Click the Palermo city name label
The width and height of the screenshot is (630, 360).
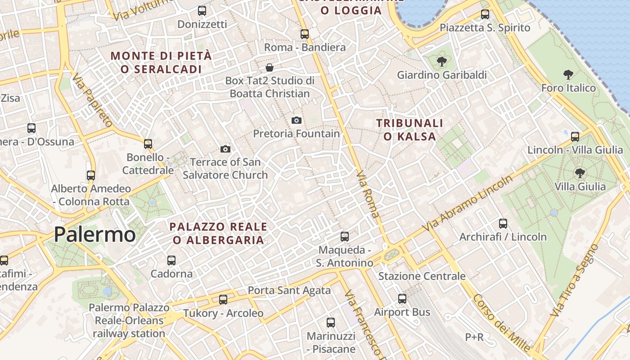point(94,234)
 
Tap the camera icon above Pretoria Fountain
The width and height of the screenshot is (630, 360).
point(296,120)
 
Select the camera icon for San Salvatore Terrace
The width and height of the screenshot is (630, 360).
point(225,149)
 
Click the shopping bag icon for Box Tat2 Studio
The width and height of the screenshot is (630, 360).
point(269,68)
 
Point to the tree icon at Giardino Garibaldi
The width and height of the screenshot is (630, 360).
point(441,62)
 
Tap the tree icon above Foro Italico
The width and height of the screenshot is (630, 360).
point(568,75)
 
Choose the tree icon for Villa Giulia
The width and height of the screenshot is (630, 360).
point(580,173)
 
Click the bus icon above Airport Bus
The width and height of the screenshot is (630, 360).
point(402,298)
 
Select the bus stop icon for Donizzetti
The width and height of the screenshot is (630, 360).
point(202,11)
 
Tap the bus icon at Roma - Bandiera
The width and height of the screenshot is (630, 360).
point(305,34)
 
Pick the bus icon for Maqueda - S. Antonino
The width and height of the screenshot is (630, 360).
point(344,236)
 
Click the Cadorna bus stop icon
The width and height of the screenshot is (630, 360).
point(171,260)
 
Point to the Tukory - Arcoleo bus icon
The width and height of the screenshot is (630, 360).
point(223,300)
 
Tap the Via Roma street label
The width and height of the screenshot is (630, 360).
point(368,194)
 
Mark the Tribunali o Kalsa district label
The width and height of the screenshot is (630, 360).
point(409,130)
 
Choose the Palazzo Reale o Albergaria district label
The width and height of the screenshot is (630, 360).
point(218,233)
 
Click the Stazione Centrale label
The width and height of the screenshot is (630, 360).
point(422,276)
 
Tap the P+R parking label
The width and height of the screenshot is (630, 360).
point(474,337)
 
